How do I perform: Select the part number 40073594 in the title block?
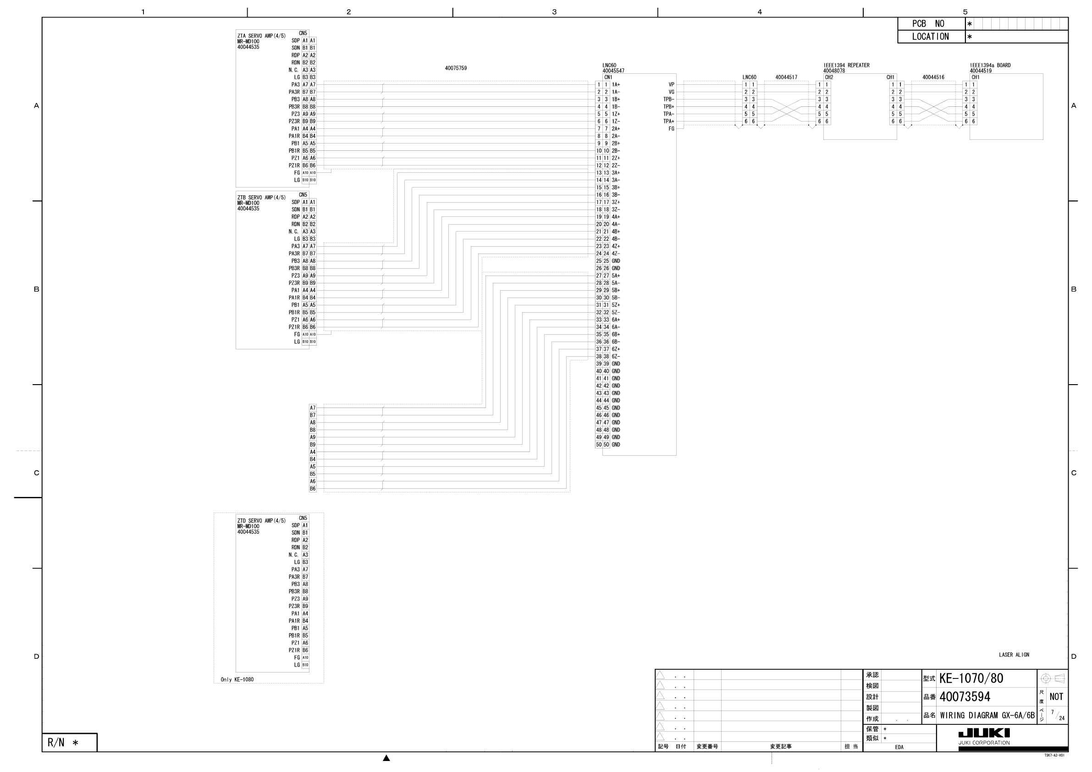point(965,697)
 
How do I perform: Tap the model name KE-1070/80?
point(971,678)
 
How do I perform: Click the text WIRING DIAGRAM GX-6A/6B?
point(987,716)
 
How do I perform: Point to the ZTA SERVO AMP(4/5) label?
point(261,36)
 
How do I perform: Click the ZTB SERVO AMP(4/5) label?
point(261,198)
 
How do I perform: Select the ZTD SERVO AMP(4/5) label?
point(261,521)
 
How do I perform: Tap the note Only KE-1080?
point(237,680)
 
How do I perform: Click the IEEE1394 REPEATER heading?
point(846,65)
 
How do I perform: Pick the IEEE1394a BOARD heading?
point(990,65)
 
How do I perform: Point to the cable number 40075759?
point(456,68)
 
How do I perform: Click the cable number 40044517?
point(786,77)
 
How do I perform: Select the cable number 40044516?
point(933,77)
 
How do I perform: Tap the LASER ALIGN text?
point(1014,655)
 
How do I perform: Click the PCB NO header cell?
point(931,24)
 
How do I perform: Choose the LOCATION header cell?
point(931,37)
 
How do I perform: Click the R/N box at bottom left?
point(69,743)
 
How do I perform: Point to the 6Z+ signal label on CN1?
point(616,349)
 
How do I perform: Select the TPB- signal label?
point(669,99)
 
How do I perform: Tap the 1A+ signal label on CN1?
point(616,85)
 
